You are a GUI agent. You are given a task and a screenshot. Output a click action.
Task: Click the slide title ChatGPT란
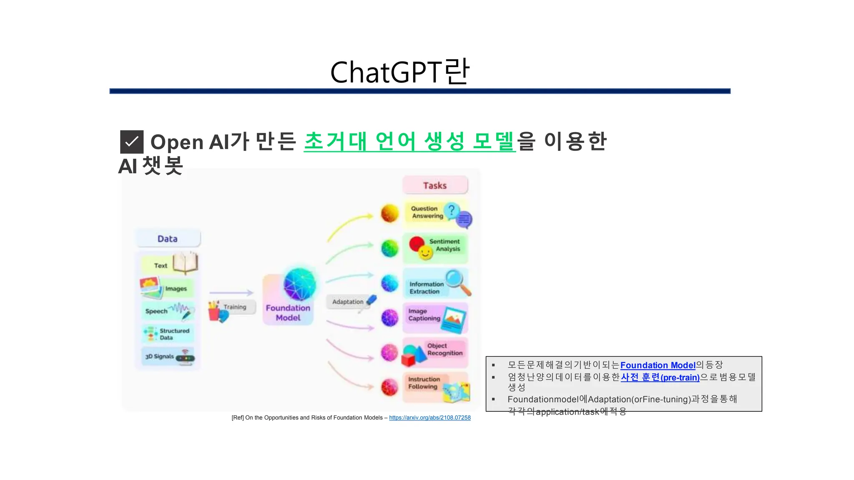pos(400,72)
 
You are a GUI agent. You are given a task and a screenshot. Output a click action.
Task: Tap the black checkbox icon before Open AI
pos(132,142)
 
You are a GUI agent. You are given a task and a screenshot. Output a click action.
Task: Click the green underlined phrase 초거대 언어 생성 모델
pos(409,142)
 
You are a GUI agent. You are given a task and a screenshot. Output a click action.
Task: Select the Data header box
pos(168,239)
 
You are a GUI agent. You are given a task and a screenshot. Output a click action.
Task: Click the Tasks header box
pos(435,185)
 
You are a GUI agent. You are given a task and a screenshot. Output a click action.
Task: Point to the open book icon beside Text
pos(186,263)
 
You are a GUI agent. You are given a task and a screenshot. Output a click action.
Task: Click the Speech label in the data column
pos(156,311)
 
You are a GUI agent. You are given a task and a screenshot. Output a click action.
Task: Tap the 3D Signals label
pos(159,357)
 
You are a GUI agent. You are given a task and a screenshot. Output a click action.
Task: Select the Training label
pos(235,307)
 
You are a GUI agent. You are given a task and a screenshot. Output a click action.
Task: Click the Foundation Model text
pos(288,313)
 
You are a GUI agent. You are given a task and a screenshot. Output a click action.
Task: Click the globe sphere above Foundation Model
pos(299,285)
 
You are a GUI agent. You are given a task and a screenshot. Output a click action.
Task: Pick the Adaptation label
pos(348,302)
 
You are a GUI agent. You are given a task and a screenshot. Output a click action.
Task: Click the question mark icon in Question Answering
pos(451,210)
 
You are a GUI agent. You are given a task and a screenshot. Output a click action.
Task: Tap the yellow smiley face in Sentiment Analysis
pos(425,252)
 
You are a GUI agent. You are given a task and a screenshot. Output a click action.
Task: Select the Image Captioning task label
pos(424,315)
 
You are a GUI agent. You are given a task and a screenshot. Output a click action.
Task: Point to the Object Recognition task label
pos(445,349)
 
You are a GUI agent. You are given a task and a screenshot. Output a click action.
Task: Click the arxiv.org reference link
pos(430,417)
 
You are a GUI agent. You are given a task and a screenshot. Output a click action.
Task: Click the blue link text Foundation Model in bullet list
pos(658,365)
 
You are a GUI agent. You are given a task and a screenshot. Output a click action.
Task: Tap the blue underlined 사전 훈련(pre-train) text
pos(660,377)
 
